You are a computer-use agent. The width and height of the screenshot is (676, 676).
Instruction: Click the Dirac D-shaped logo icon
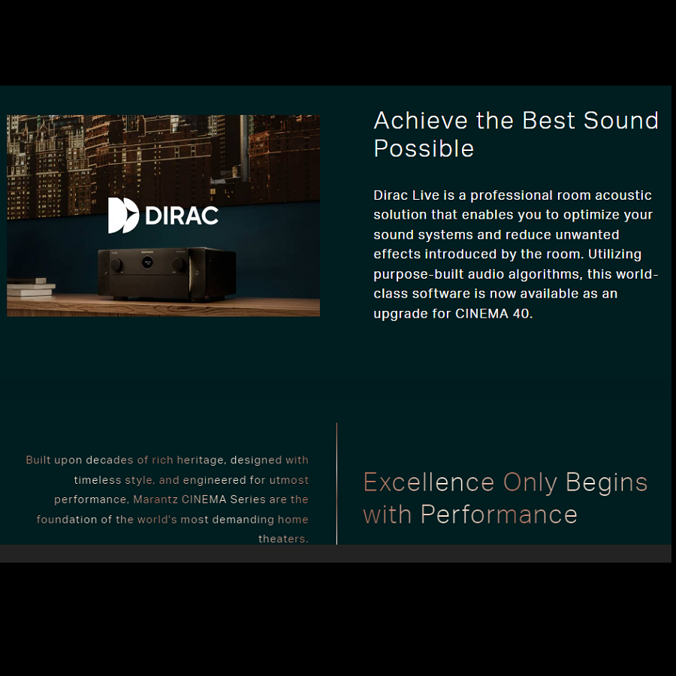(x=123, y=215)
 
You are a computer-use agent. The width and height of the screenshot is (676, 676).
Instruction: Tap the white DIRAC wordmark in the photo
(x=182, y=216)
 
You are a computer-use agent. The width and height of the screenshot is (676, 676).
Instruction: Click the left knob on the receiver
(x=116, y=264)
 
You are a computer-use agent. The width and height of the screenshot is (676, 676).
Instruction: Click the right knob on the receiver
(x=177, y=264)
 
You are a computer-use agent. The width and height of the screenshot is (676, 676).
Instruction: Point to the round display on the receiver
(x=147, y=261)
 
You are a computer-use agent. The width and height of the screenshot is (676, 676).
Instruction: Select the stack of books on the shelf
(x=31, y=288)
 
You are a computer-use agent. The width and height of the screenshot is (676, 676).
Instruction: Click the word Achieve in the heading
(x=421, y=120)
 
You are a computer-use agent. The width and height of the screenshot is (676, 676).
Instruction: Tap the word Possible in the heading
(x=424, y=149)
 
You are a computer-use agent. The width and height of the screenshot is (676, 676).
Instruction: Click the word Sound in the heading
(x=621, y=120)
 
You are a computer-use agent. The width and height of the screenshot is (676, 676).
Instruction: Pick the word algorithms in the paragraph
(x=545, y=274)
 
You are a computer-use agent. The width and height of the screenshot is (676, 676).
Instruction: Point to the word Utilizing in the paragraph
(x=614, y=255)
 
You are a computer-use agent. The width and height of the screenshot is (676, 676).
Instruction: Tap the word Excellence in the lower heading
(x=429, y=482)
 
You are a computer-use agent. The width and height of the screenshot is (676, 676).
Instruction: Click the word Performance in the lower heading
(x=499, y=515)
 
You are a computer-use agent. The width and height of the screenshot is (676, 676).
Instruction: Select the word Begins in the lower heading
(x=607, y=483)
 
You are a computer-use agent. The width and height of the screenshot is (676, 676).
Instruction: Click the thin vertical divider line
(x=336, y=483)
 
